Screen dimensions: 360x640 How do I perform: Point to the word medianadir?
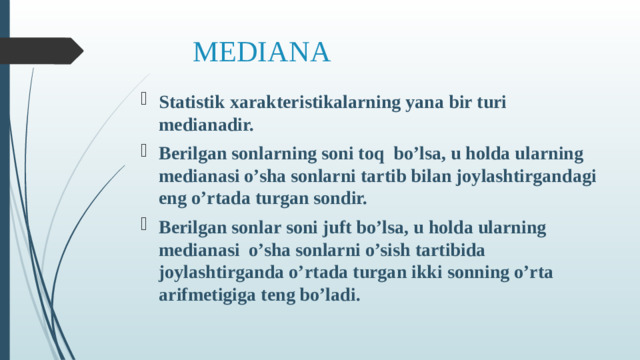(205, 126)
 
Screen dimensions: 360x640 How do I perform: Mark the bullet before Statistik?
(146, 100)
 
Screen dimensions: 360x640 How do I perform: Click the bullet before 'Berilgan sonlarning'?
(146, 152)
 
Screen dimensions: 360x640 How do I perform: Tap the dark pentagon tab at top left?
(40, 51)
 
